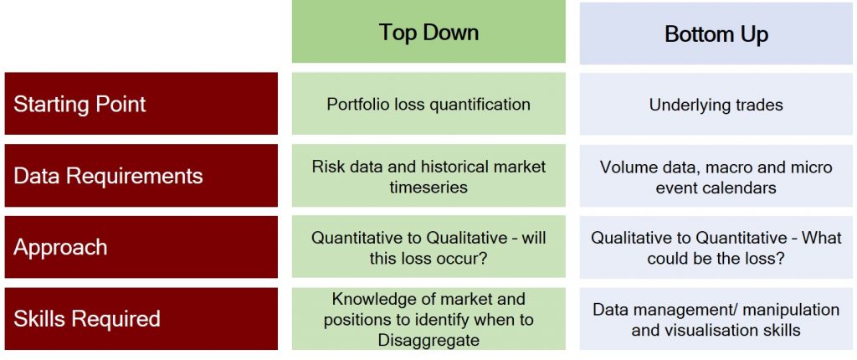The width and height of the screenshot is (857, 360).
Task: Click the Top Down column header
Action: point(428,33)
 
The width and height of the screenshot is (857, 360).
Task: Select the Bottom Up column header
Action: point(716,34)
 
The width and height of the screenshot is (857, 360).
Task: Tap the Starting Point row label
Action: point(80,104)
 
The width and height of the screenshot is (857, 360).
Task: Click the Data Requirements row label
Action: point(108,176)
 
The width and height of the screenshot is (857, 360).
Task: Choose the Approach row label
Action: point(60,247)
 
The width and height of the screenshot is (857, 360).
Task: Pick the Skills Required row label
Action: point(86,319)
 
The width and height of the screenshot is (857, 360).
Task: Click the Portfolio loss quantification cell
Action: point(428,105)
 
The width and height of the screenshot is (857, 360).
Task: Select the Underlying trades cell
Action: point(716,105)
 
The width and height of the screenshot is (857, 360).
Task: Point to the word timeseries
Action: point(428,187)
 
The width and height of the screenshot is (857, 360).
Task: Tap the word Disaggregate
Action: point(428,340)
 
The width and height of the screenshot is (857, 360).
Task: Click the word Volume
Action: point(627,167)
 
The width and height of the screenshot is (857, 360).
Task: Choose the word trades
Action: point(757,105)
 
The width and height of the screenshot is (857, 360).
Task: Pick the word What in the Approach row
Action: point(822,238)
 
